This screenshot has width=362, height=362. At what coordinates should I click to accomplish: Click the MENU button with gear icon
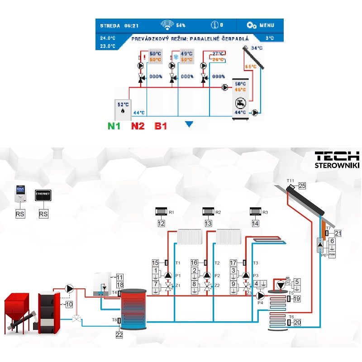pos(261,25)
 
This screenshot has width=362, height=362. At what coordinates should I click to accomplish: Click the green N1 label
pos(114,126)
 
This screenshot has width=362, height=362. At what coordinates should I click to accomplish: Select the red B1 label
pos(162,126)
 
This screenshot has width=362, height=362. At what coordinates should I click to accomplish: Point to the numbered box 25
pos(302,186)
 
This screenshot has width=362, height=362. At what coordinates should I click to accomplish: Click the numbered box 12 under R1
pos(162,223)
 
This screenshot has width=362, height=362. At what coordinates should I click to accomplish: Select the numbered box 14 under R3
pos(255,223)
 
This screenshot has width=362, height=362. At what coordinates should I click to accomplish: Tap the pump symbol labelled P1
pos(168,275)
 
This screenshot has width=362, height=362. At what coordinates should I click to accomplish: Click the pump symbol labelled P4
pos(260,295)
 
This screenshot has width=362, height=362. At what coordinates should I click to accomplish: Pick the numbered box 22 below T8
pos(119,335)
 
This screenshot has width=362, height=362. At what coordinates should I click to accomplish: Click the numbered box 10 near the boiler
pos(69,305)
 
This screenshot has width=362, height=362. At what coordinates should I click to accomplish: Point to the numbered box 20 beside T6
pos(297,323)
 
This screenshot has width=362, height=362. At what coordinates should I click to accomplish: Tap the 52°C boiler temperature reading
pos(123,104)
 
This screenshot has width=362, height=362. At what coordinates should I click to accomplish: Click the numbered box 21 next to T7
pos(338,233)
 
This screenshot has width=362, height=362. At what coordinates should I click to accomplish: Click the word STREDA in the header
pos(110,25)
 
